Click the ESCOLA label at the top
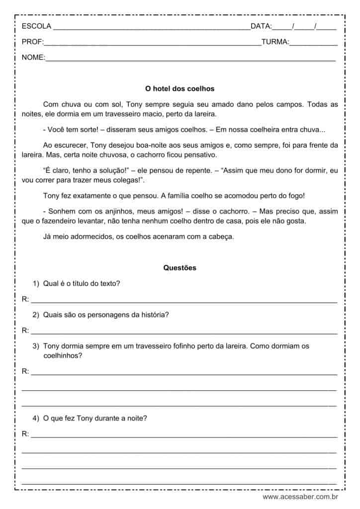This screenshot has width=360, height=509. [x=36, y=26]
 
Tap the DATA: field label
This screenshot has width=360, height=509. [x=261, y=26]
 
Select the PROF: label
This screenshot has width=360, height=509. [x=33, y=42]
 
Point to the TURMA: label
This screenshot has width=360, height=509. [x=275, y=42]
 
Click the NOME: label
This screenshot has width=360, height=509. [x=33, y=58]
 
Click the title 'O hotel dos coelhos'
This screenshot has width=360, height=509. [x=180, y=89]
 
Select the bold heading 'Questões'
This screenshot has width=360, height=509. [x=180, y=268]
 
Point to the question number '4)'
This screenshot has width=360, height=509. [x=36, y=419]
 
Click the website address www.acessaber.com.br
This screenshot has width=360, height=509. [x=300, y=497]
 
